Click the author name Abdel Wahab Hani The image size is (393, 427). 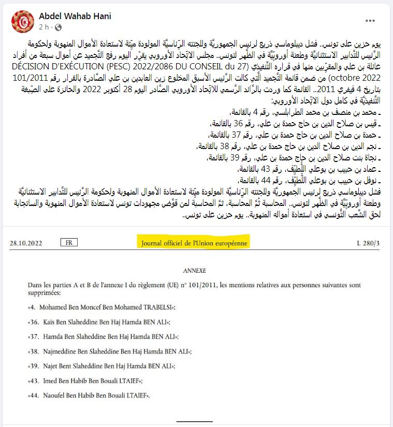(75, 16)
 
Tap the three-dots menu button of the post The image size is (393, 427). (370, 21)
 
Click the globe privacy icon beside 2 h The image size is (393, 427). (57, 27)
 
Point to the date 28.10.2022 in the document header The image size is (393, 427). (26, 243)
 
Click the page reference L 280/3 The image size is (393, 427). (369, 243)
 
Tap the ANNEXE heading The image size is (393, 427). (194, 271)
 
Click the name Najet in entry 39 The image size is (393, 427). (48, 366)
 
